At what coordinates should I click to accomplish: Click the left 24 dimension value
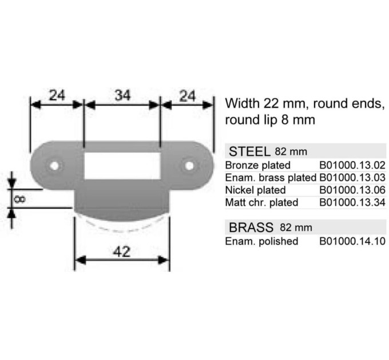(x=57, y=95)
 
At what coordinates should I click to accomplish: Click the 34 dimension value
(x=122, y=95)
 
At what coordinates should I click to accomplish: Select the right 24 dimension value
(x=187, y=96)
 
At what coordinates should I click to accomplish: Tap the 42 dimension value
(x=121, y=252)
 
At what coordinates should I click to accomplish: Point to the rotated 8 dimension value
(x=19, y=199)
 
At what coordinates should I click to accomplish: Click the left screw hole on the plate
(x=54, y=166)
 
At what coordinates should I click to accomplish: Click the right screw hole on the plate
(x=189, y=166)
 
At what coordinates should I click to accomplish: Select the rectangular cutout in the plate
(x=122, y=166)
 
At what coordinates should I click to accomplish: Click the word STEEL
(x=249, y=151)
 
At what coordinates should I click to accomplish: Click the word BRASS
(x=251, y=227)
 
